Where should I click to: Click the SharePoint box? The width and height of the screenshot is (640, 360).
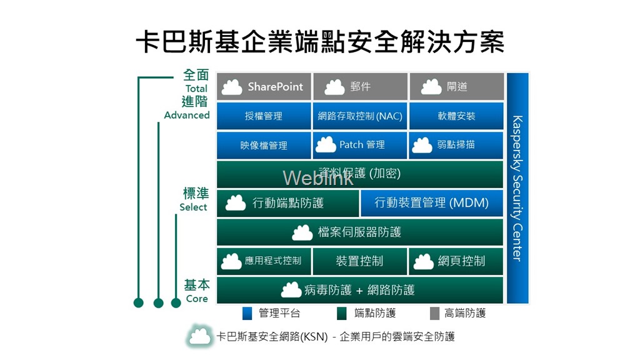point(264,87)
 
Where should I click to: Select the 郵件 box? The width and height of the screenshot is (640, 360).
point(360,87)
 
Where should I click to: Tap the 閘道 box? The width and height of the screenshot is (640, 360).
point(456,87)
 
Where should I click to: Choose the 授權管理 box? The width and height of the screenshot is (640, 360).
point(264,116)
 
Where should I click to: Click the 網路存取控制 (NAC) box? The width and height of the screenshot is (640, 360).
point(360,116)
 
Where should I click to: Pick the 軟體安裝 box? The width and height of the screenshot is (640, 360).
point(456,116)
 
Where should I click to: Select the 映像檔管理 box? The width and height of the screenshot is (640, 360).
point(264,145)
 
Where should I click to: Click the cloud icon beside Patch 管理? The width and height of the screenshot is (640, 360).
point(326,145)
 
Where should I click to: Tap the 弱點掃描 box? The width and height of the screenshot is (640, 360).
point(456,145)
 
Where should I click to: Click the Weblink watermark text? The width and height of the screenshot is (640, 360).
point(317,178)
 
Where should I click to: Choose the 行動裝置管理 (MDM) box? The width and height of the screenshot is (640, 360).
point(431,202)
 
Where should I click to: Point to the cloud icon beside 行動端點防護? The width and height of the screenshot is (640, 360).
point(235,202)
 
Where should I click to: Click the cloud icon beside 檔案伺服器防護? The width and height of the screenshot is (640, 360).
point(302,232)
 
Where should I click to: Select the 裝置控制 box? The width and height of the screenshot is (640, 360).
point(360,261)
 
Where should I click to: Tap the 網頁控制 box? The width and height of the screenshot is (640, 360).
point(456,261)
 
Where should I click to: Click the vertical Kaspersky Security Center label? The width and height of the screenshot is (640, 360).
point(517,187)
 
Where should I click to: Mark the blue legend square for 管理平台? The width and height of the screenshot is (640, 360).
point(246,313)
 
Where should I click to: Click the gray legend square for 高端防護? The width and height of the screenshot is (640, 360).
point(435,313)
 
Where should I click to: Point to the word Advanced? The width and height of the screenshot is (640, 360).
point(187,115)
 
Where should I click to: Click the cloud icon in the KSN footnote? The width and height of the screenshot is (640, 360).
point(200,336)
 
